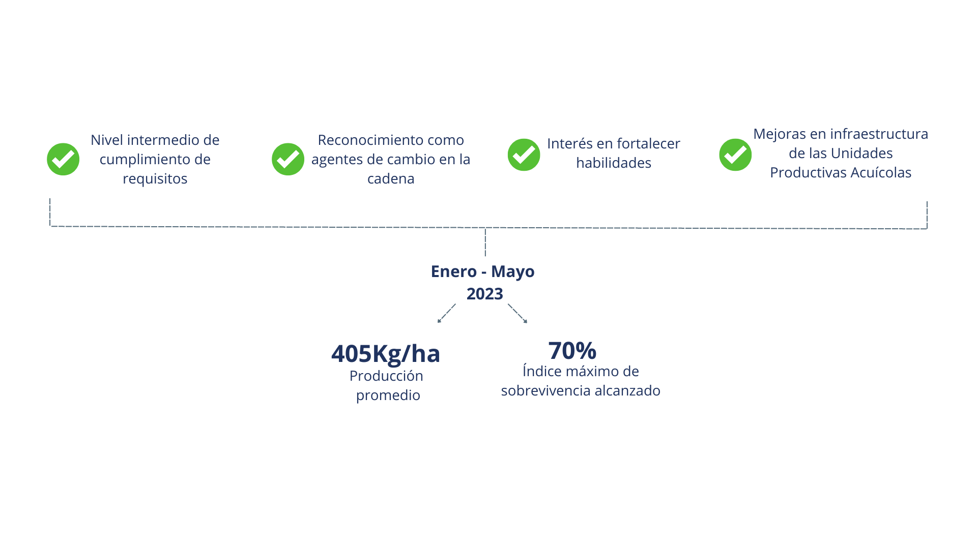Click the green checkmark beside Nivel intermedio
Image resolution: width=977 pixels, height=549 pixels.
point(63,159)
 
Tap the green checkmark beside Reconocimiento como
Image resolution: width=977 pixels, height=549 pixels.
point(288,159)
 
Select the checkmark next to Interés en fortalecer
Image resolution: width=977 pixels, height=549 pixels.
point(524,155)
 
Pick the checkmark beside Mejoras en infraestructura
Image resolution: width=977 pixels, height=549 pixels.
point(735,155)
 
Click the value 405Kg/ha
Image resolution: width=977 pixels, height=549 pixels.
point(385,354)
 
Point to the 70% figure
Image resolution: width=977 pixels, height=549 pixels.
point(572,351)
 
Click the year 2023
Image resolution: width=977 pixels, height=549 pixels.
point(484,294)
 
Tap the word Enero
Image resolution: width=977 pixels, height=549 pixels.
point(454,271)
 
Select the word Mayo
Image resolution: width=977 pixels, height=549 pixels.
point(512,272)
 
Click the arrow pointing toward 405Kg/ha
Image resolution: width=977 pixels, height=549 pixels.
point(446,313)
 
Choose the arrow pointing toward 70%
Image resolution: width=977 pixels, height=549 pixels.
point(518,313)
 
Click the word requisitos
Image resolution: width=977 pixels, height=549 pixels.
point(155,179)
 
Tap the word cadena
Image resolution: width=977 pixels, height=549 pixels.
point(391,179)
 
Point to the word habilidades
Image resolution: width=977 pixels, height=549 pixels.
point(614,163)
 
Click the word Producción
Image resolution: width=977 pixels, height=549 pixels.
point(386,376)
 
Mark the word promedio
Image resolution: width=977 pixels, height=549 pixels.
point(388,395)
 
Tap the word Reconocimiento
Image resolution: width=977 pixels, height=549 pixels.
point(370,140)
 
